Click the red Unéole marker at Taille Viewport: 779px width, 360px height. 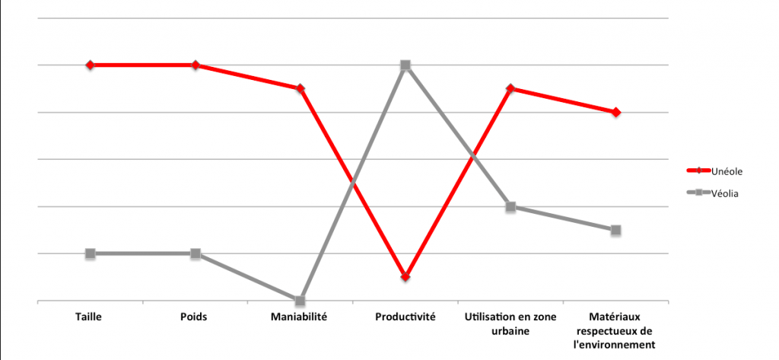(90, 65)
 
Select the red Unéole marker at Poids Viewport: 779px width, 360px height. (196, 65)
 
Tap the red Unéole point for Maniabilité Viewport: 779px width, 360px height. (300, 88)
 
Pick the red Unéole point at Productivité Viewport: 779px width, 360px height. (405, 276)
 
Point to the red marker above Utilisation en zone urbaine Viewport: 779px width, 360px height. (510, 88)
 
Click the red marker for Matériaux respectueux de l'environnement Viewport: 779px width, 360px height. (616, 112)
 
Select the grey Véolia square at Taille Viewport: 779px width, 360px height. (90, 253)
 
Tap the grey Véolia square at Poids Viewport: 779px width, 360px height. (196, 253)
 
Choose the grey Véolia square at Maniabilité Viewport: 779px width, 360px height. (300, 301)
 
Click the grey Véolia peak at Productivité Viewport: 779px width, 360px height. (405, 65)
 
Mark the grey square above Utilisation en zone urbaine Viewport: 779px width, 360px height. (510, 206)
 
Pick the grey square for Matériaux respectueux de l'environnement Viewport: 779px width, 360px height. (616, 230)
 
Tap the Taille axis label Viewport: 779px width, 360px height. (89, 317)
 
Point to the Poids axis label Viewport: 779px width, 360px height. (195, 317)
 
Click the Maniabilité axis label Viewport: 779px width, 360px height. (300, 317)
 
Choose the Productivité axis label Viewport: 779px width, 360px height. (405, 317)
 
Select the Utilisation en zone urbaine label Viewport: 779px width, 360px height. (510, 323)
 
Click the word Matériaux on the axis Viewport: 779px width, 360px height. (615, 317)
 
